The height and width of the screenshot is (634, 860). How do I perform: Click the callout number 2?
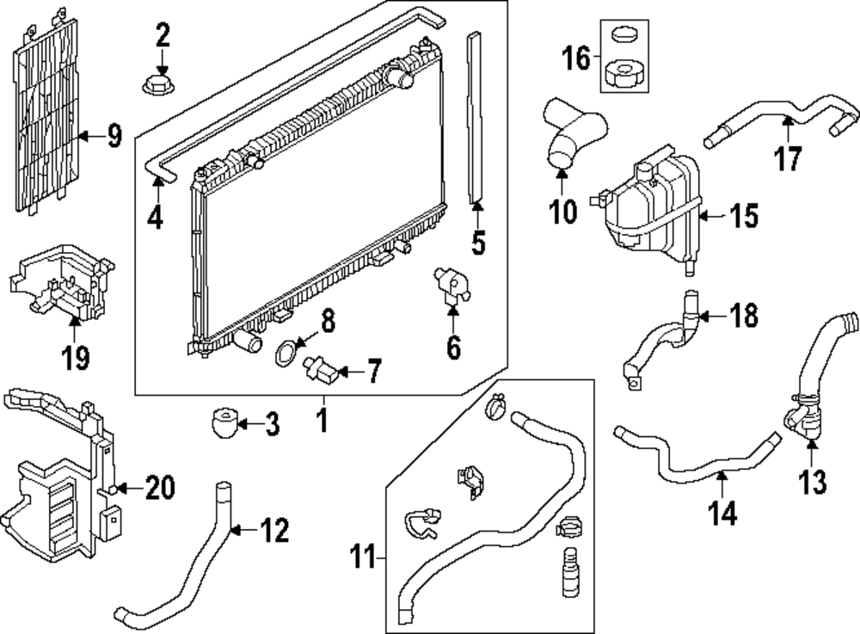[x=163, y=36]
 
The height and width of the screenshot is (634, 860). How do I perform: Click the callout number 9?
[x=114, y=136]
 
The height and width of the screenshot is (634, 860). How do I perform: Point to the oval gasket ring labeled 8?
[x=286, y=354]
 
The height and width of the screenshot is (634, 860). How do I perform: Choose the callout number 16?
[x=576, y=58]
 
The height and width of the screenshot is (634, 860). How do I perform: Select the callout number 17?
[x=788, y=158]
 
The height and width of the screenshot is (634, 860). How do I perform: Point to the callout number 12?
[x=273, y=531]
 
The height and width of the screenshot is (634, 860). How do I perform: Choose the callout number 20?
[x=159, y=488]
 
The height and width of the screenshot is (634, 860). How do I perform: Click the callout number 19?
[x=76, y=356]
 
